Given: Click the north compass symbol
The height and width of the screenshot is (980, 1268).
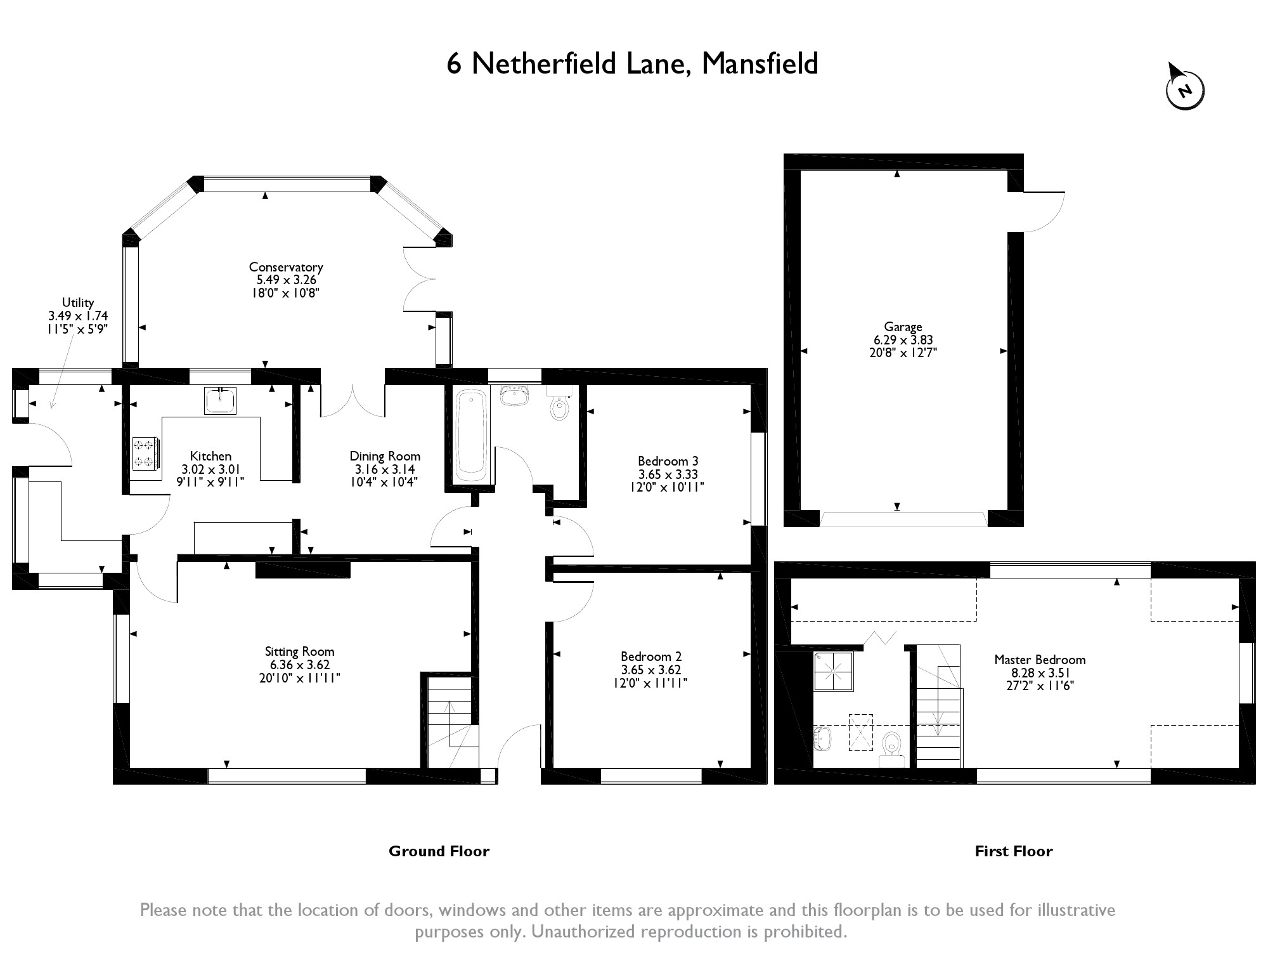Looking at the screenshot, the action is pos(1184,89).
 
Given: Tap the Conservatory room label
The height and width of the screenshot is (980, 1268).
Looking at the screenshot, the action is pos(286,267).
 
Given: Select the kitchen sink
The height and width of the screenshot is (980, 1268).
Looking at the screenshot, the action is pos(220,400).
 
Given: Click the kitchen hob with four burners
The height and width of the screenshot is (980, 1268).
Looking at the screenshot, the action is pos(145,454).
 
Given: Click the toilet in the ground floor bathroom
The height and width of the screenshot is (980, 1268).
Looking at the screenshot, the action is pos(559,406).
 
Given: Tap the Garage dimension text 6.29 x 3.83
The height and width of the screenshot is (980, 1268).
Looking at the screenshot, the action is pos(903,340).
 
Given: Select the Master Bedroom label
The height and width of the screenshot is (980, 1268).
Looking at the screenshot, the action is pos(1040,660).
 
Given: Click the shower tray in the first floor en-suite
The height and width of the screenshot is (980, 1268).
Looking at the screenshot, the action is pos(834,672).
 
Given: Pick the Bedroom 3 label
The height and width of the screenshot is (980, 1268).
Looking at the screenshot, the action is pos(668,461).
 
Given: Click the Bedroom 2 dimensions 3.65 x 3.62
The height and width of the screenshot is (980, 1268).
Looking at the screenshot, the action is pos(651,670).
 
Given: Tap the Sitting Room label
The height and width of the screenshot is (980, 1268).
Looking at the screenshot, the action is pos(299,651).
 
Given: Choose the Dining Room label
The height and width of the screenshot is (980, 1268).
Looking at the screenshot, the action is pos(385,456).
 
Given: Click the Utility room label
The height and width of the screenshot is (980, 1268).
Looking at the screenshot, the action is pos(78,303).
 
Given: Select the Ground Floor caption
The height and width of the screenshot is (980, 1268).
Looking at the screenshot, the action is pos(439,851).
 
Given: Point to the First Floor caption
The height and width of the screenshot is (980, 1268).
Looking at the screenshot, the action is pos(1013,851).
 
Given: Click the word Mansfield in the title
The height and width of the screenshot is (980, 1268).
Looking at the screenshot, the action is pos(760,64).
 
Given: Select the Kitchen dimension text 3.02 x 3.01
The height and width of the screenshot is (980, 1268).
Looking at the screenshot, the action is pos(210,469).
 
